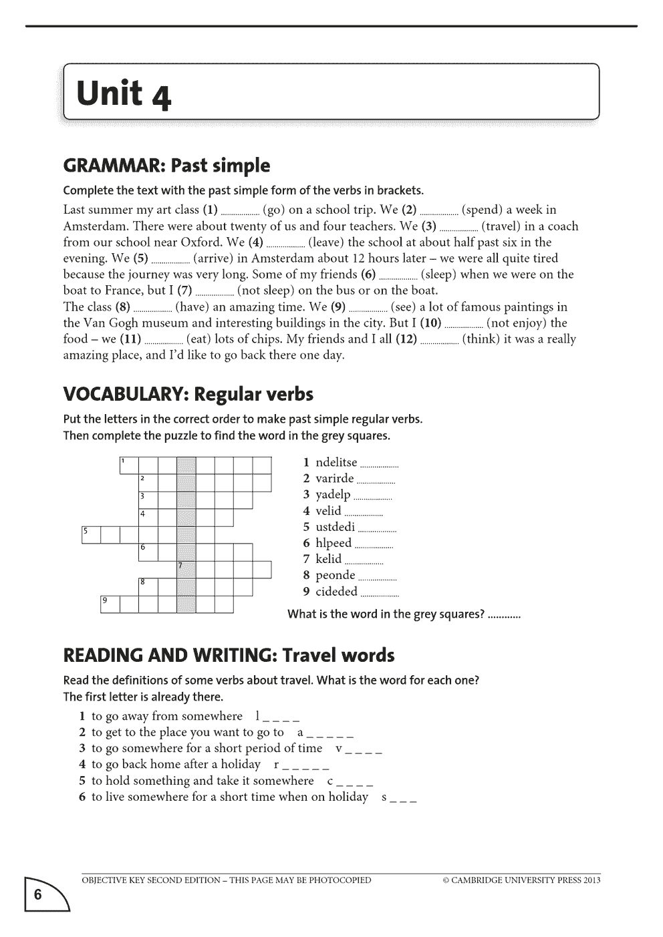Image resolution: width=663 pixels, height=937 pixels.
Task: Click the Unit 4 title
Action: click(x=124, y=93)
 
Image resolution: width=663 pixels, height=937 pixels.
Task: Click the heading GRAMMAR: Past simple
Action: click(x=166, y=166)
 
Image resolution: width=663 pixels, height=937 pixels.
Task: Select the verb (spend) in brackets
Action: click(x=481, y=210)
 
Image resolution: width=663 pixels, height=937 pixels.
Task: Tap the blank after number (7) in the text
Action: click(x=215, y=291)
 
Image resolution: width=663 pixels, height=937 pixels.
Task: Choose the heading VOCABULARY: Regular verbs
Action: click(x=188, y=394)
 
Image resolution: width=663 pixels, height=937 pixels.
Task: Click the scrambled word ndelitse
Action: click(x=336, y=462)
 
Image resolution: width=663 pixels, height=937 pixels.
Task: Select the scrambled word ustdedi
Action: click(x=335, y=527)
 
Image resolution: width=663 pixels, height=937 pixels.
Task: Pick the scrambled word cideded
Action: click(x=336, y=591)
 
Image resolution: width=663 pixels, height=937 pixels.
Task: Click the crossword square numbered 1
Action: click(x=128, y=465)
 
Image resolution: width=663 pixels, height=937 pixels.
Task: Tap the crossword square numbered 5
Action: click(x=90, y=534)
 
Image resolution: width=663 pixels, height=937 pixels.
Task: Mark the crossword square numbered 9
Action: click(x=110, y=604)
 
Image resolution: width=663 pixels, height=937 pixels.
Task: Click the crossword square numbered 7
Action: click(x=186, y=569)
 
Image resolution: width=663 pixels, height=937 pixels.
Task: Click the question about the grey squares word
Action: click(x=386, y=614)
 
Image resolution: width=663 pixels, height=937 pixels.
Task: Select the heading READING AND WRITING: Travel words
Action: click(x=229, y=655)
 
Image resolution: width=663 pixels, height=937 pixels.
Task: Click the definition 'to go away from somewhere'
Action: click(x=166, y=716)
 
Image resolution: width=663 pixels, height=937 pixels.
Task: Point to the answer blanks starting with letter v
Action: click(x=359, y=749)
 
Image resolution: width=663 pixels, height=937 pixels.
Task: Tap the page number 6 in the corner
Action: click(x=38, y=895)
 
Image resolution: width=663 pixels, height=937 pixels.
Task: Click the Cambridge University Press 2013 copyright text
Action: click(x=521, y=880)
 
